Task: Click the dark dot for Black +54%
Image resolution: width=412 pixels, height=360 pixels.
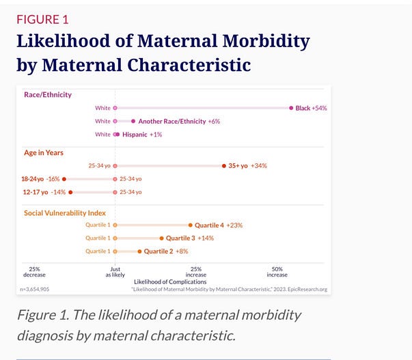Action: coord(291,108)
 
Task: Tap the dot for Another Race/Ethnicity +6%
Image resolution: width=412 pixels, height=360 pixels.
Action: coord(133,121)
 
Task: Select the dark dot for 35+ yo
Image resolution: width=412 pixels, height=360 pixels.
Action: coord(224,166)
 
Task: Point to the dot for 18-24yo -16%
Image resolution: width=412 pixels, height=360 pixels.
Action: coord(64,179)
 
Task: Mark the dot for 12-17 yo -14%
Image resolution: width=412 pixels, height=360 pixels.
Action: coord(70,192)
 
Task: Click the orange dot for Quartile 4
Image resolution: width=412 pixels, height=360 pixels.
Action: coord(190,225)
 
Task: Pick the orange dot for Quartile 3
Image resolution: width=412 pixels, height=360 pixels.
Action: coord(161,238)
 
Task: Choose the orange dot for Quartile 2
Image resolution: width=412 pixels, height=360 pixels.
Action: coord(139,251)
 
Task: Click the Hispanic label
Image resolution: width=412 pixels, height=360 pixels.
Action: coord(135,135)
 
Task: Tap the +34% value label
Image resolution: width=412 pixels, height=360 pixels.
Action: coord(259,166)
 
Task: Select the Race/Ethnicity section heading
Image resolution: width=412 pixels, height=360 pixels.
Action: coord(48,94)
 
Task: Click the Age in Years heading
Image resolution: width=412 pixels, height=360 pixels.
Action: coord(44,152)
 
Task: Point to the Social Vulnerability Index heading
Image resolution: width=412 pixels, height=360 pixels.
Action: coord(65,213)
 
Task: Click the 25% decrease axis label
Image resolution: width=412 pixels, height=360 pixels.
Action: coord(34,272)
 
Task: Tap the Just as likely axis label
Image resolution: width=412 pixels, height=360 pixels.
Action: coord(115,272)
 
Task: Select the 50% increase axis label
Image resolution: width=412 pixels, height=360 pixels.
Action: coord(277,272)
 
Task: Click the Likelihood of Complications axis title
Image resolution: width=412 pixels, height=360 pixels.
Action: coord(170,281)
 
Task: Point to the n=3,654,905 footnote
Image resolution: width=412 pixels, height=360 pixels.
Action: coord(35,290)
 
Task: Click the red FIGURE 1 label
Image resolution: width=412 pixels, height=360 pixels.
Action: coord(42,20)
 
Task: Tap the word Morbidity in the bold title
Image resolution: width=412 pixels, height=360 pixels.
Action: coord(266,41)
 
